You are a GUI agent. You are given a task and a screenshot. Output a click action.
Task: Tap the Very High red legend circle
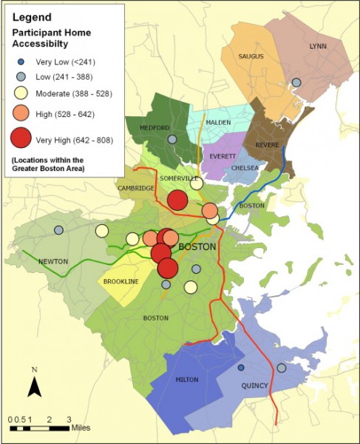[22, 138]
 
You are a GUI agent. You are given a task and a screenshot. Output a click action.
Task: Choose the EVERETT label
[222, 156]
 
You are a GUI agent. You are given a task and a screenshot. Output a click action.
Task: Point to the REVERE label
[266, 146]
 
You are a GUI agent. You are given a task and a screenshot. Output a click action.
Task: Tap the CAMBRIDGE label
[136, 188]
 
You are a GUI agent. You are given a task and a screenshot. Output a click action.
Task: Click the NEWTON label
[53, 261]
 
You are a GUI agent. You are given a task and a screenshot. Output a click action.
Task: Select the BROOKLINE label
[120, 282]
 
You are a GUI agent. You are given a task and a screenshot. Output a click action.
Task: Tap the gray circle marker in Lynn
[296, 83]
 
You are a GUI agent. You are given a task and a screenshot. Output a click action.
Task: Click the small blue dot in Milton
[240, 367]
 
